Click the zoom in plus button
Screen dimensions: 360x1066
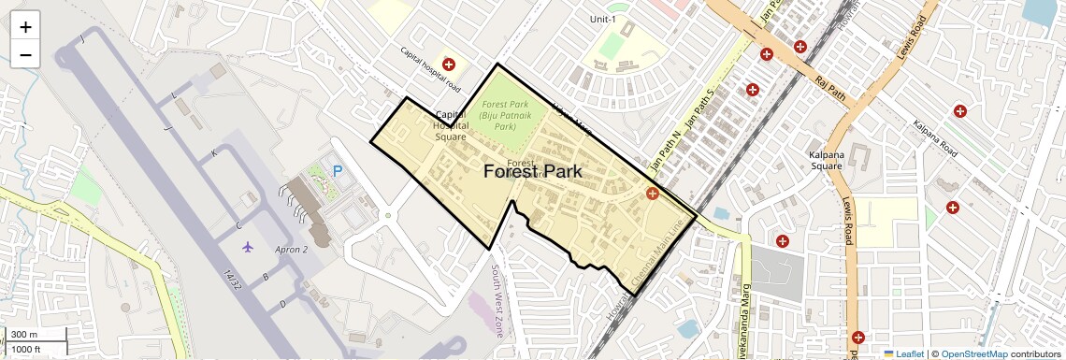coord(25,27)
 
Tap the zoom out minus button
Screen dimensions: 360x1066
coord(25,54)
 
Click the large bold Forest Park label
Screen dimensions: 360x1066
coord(533,172)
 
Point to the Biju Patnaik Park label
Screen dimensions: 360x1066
coord(505,116)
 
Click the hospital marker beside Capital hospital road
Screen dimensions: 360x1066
coord(449,65)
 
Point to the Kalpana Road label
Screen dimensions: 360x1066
coord(935,138)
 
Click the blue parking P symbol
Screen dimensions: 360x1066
coord(338,172)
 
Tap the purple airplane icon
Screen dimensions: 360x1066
coord(247,246)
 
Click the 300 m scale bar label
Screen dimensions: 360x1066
coord(25,334)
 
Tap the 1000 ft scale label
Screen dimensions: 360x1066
coord(27,349)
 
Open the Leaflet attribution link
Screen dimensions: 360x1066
coord(903,353)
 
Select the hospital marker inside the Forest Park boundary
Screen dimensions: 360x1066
coord(652,194)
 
